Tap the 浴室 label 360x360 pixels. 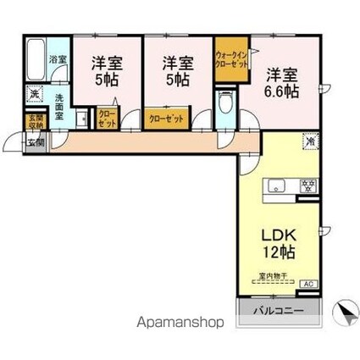[x=58, y=58]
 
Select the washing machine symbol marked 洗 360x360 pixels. [x=35, y=93]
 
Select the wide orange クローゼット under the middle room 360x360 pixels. [x=165, y=119]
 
